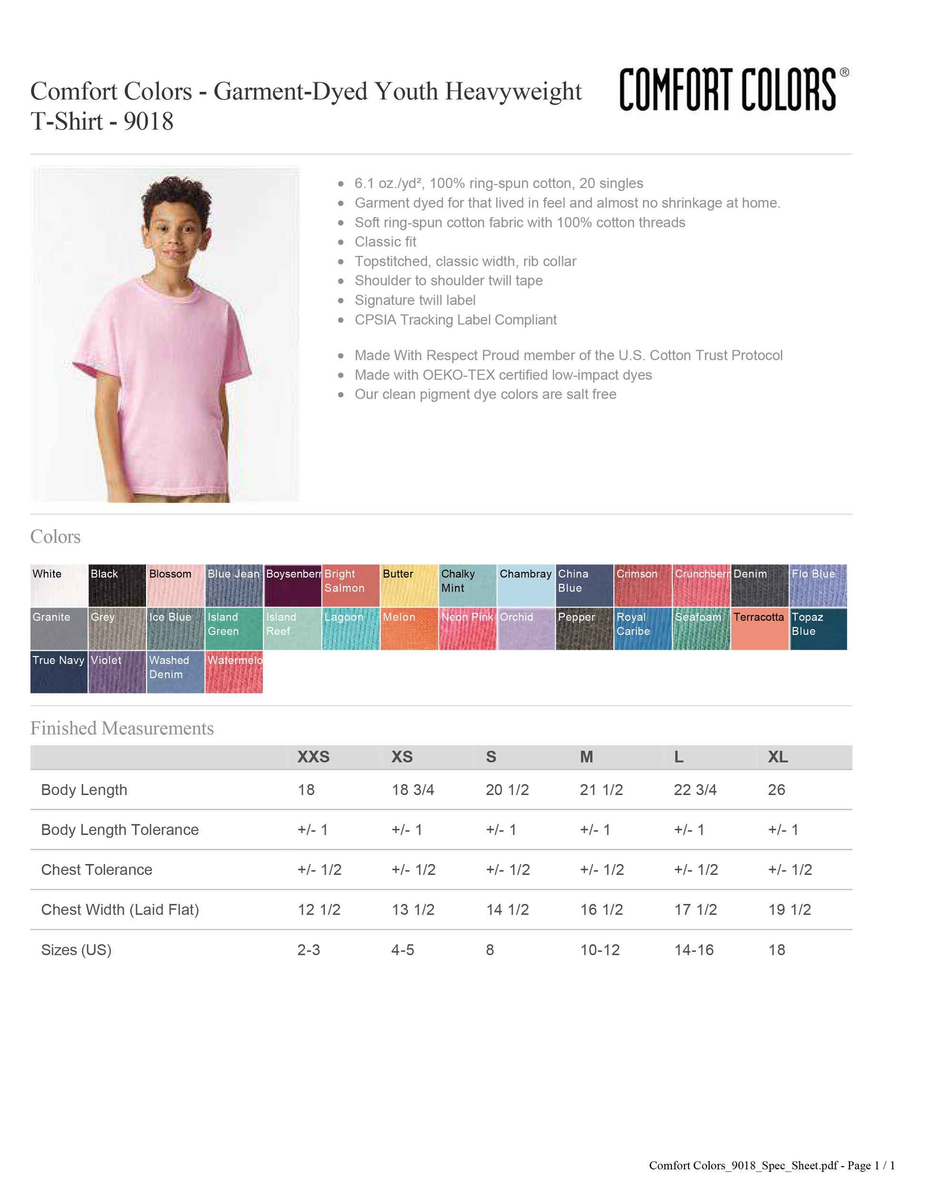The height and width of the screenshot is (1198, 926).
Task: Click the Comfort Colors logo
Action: click(732, 88)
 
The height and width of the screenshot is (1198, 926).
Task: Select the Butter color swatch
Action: click(409, 585)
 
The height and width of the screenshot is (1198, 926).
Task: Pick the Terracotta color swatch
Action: click(760, 628)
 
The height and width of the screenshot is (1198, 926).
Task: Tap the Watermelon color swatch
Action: click(234, 672)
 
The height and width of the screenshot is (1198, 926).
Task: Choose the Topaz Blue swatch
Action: click(819, 628)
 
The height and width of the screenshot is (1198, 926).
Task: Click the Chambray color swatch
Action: click(525, 585)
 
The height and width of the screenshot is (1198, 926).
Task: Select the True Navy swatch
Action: click(58, 672)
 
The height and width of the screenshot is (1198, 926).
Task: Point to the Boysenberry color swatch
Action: click(293, 585)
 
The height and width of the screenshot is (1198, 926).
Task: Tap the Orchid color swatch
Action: click(525, 628)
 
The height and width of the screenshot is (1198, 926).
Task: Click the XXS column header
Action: click(313, 757)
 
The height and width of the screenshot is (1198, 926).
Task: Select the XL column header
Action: click(778, 757)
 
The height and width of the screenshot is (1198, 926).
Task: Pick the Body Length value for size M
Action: click(601, 790)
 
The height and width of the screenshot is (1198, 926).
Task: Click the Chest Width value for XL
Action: click(789, 910)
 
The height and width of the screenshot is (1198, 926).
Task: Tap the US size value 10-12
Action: click(600, 950)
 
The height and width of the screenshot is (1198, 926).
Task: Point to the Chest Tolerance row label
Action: click(97, 869)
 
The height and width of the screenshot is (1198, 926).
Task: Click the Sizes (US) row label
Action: click(76, 950)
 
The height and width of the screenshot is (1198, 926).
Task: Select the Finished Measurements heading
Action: click(122, 728)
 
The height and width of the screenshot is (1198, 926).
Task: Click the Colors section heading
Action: click(55, 537)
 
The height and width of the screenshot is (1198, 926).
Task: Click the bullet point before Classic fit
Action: click(341, 242)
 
